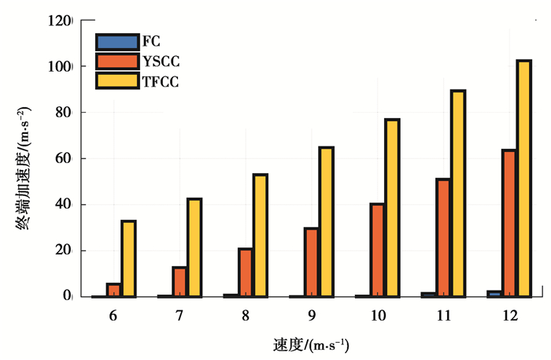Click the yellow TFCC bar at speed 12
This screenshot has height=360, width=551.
523,178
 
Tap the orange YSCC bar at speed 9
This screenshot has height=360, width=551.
311,262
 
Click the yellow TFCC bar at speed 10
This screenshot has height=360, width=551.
392,208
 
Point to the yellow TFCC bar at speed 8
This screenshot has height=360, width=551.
260,236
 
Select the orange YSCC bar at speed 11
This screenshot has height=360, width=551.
442,238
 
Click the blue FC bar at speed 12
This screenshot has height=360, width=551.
494,293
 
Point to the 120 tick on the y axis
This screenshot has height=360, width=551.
60,21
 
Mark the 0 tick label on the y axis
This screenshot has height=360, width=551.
67,296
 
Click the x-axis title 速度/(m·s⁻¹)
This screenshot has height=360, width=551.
311,345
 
